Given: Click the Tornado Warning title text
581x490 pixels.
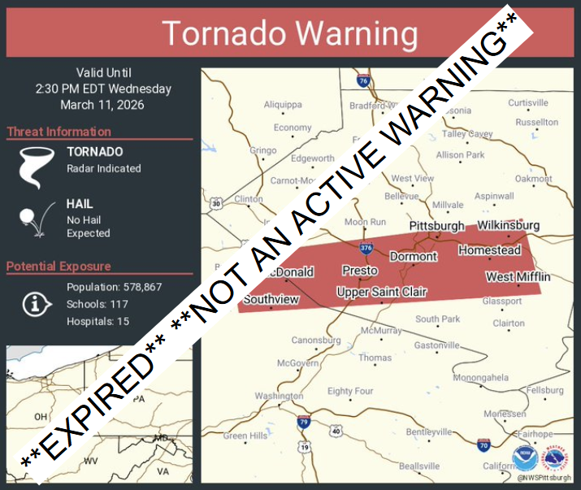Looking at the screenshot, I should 290,34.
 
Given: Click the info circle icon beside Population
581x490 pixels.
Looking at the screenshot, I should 33,304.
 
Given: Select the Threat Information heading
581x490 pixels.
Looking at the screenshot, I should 59,132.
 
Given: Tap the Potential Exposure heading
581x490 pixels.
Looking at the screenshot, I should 59,266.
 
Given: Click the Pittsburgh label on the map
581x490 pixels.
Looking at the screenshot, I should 436,226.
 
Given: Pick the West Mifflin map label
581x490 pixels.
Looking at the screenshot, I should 518,277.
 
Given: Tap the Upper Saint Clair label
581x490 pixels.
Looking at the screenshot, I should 382,292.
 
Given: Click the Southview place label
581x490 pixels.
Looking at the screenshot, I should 271,299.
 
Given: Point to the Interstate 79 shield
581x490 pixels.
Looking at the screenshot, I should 303,422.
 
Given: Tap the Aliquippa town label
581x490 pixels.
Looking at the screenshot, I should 282,104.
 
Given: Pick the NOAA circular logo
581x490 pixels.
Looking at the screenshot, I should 524,459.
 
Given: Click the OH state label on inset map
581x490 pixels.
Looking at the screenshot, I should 41,417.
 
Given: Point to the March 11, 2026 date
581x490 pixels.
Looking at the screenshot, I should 102,104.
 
